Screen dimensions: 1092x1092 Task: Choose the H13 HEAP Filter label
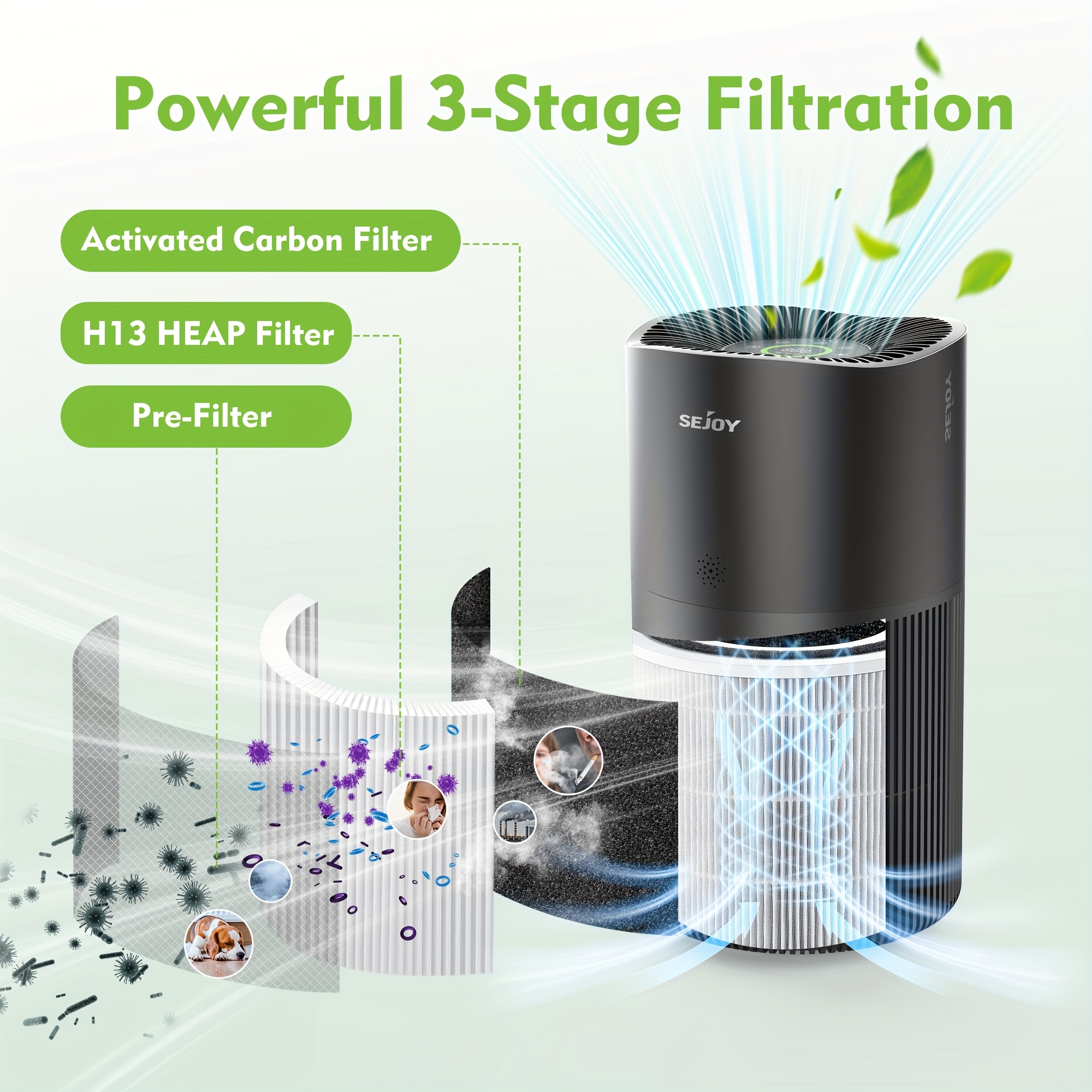click(206, 333)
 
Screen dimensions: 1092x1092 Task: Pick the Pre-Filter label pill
click(206, 417)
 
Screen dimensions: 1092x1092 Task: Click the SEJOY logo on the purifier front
click(709, 422)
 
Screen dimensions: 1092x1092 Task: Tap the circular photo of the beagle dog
click(219, 943)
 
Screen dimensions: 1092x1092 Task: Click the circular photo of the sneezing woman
click(418, 809)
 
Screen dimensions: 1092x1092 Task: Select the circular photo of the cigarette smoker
click(568, 761)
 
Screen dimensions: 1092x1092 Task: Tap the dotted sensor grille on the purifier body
click(710, 571)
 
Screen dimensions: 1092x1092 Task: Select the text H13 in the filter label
click(115, 334)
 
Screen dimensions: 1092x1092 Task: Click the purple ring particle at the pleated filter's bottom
click(407, 933)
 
